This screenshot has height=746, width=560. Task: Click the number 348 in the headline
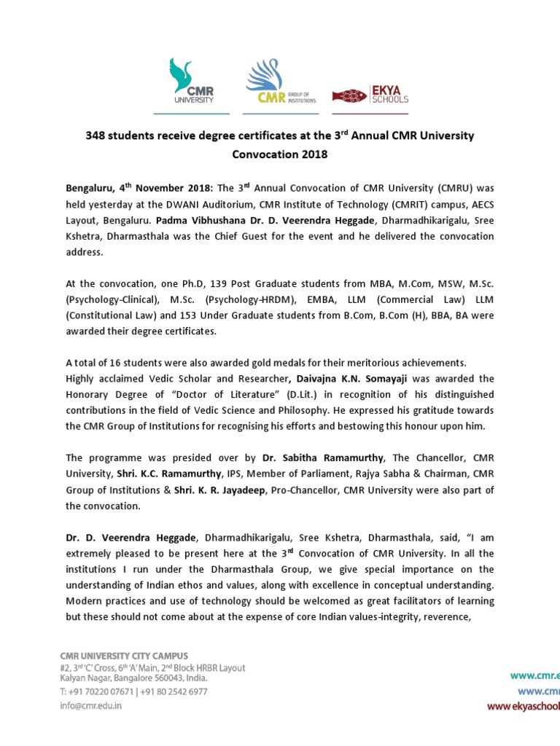(x=97, y=136)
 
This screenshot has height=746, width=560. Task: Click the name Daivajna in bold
(x=317, y=379)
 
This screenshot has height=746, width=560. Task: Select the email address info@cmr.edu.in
(x=91, y=705)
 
